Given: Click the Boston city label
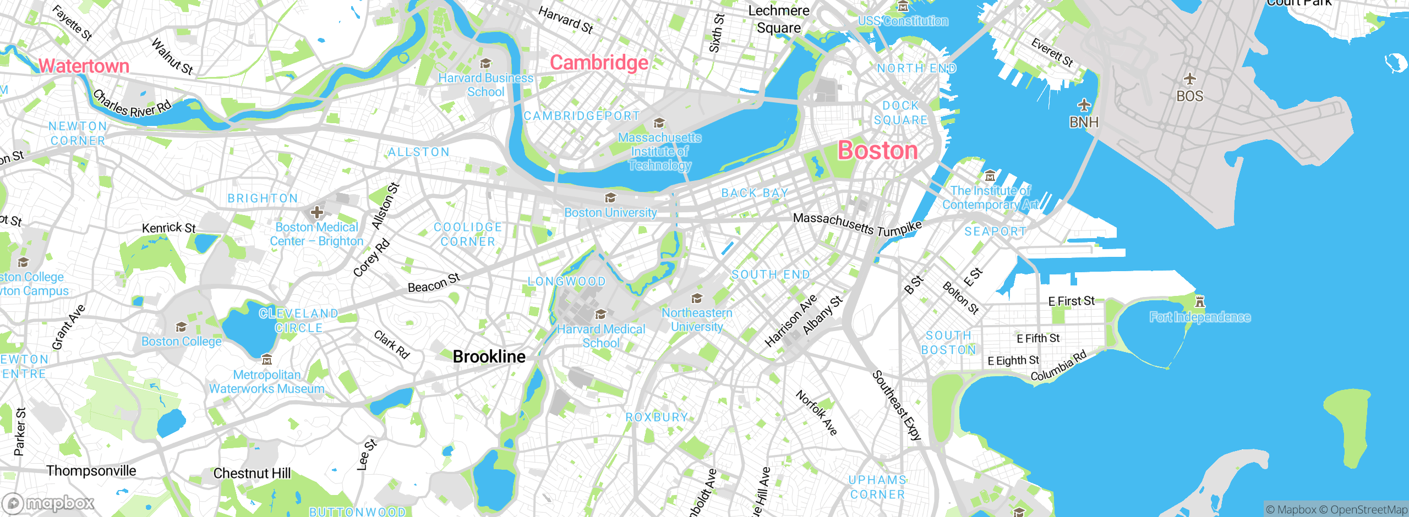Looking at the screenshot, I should [x=877, y=150].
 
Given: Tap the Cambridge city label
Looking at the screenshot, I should [x=599, y=63].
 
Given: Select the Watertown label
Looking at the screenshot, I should [x=84, y=66].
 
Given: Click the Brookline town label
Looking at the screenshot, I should [x=489, y=356].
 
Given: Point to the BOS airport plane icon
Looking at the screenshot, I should [x=1189, y=79].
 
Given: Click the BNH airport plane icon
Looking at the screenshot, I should [x=1084, y=105].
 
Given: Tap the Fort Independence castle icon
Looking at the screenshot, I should [x=1200, y=301].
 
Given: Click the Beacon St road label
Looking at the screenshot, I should [x=434, y=283].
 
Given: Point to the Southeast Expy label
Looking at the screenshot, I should [x=897, y=405].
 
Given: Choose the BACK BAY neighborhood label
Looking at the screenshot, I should [x=755, y=193].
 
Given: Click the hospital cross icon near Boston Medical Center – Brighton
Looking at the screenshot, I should [x=316, y=212].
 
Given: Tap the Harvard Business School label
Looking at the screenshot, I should [x=485, y=85].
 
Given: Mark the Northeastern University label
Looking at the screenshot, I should [x=697, y=320].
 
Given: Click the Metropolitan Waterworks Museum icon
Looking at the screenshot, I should [x=267, y=360].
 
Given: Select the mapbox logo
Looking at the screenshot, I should [x=48, y=503].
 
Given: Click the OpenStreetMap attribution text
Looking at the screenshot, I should [x=1368, y=510].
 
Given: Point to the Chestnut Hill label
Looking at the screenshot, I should [x=252, y=473].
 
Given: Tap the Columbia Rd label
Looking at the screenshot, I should [x=1058, y=366].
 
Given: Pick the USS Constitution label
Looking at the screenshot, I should [x=903, y=21].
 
